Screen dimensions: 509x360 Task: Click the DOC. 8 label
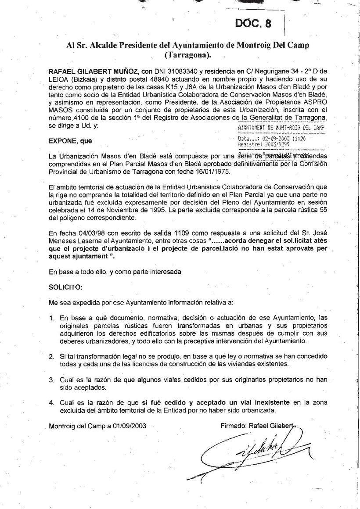[x=253, y=24]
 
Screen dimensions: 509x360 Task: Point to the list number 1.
[x=51, y=317]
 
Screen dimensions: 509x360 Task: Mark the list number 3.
[x=51, y=380]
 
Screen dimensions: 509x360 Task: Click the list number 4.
[x=51, y=402]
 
